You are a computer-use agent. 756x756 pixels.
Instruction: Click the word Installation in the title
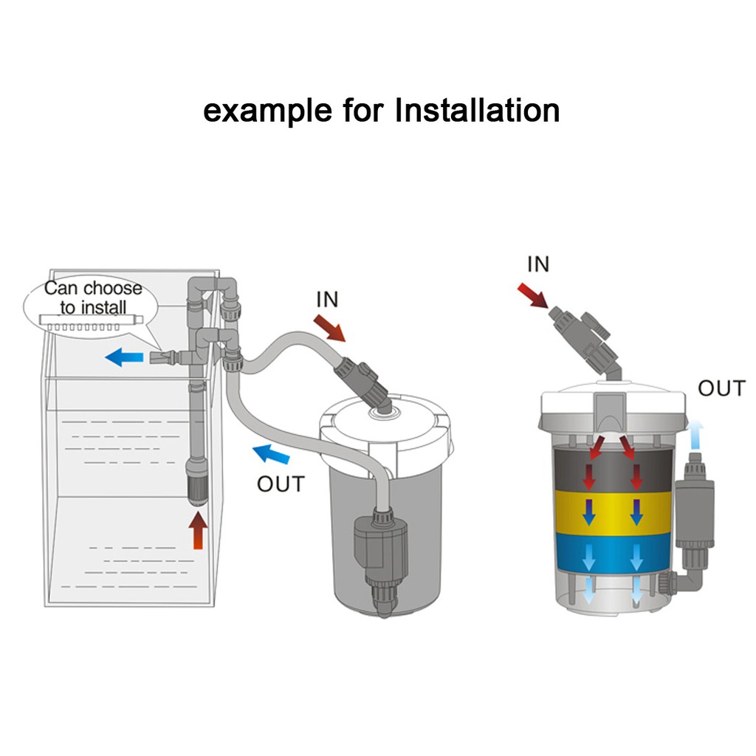coord(477,111)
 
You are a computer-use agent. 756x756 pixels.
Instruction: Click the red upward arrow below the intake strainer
coord(198,531)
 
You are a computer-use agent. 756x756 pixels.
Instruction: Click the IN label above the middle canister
coord(327,299)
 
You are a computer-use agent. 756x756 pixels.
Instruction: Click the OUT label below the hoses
coord(280,484)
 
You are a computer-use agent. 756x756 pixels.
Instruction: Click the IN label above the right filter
coord(538,264)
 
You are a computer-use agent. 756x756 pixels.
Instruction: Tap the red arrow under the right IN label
coord(534,295)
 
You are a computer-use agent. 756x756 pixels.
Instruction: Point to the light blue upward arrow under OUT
coord(697,436)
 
